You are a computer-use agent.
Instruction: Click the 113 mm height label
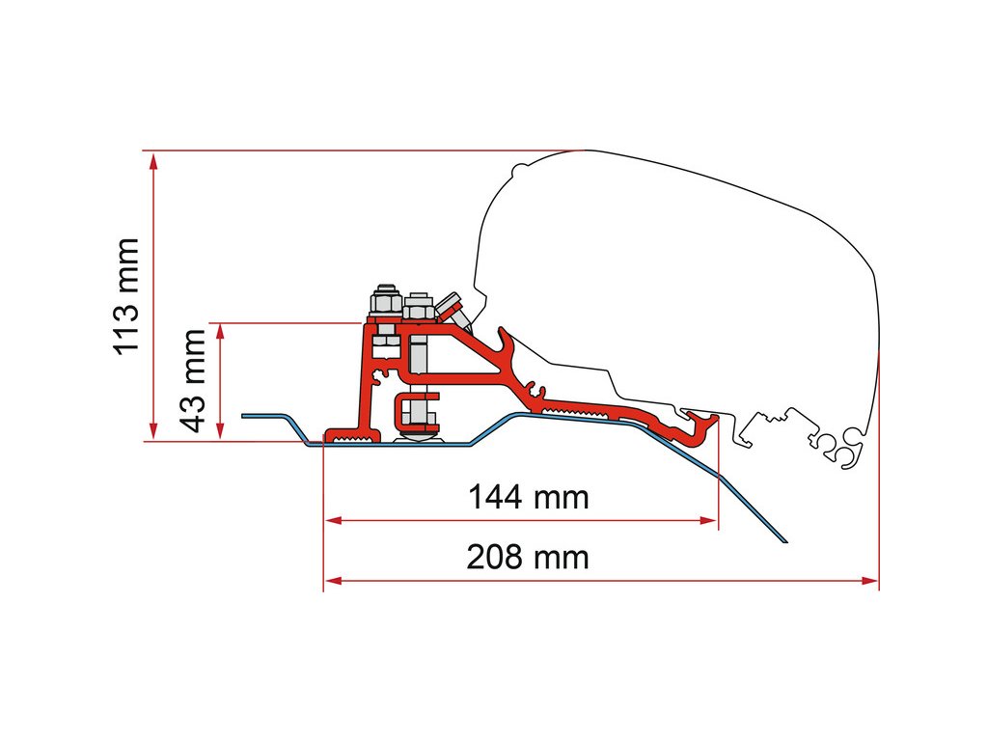coord(127,295)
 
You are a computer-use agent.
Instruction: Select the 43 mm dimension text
coord(194,380)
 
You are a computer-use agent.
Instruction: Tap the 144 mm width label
coord(528,498)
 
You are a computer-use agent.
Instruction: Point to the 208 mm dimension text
coord(528,558)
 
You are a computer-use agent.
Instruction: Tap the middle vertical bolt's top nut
coord(417,310)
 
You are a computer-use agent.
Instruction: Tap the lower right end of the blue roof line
coord(785,540)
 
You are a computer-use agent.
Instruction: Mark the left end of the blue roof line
coord(243,416)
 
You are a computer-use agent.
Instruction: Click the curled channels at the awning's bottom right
coord(841,447)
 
